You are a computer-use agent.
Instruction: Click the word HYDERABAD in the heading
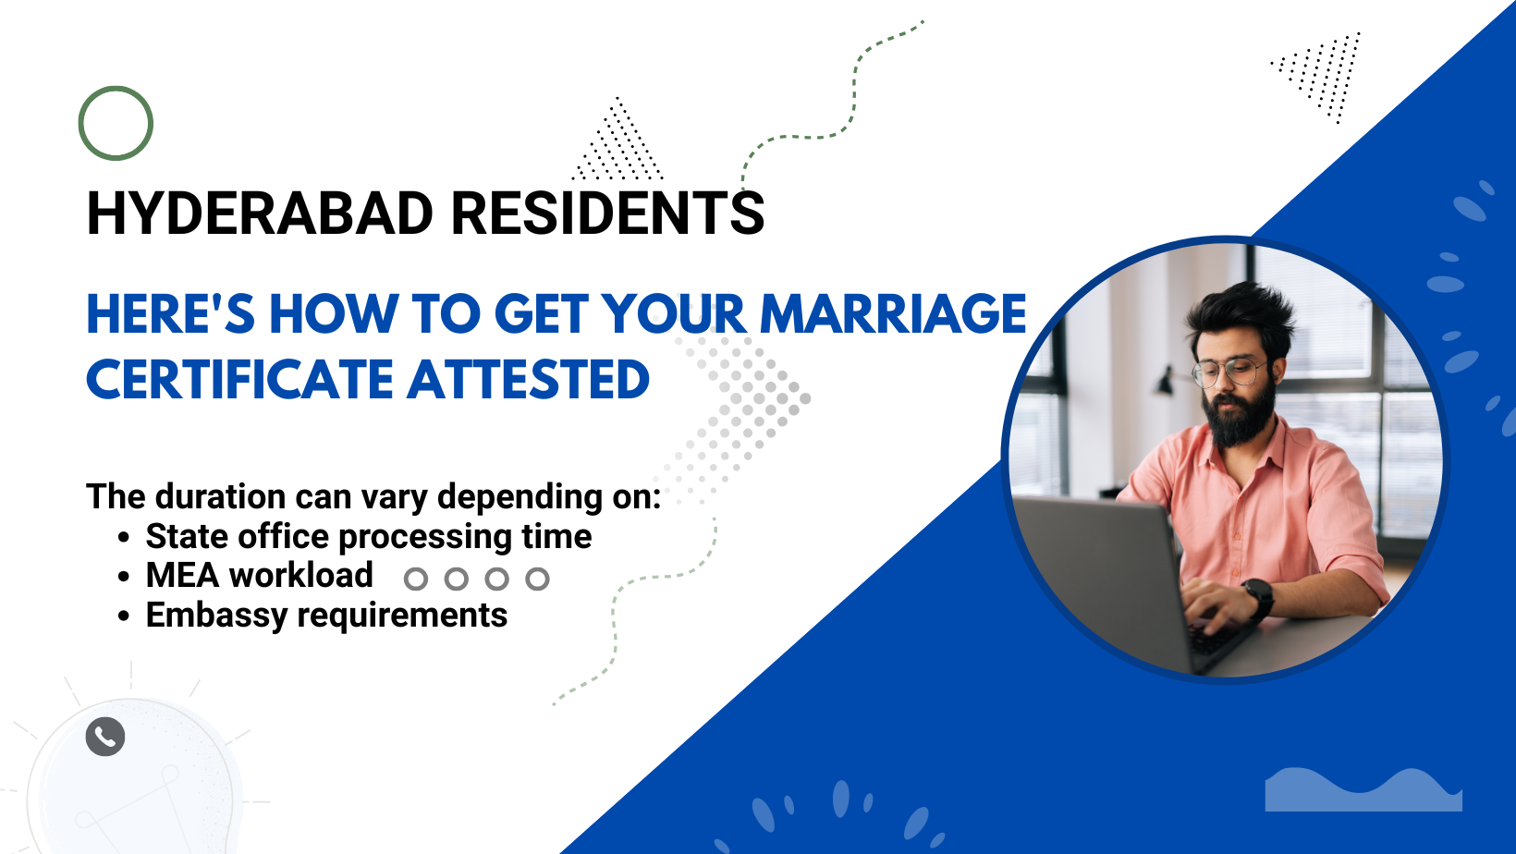pos(260,213)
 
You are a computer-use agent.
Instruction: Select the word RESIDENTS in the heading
pos(607,213)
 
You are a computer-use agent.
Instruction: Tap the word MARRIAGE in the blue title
pos(893,314)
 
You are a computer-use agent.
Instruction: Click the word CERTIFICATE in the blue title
pos(239,379)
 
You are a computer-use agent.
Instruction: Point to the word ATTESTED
pos(529,379)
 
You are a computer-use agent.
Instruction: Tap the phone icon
pos(105,737)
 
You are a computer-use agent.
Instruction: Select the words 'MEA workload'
pos(259,575)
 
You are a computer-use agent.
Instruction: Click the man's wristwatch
pos(1258,598)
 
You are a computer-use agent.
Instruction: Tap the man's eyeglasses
pos(1229,372)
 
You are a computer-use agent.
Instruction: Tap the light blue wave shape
pos(1363,789)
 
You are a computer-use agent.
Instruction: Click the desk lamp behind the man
pos(1166,380)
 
